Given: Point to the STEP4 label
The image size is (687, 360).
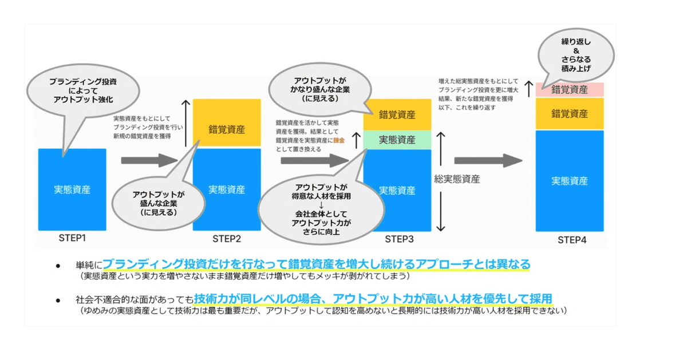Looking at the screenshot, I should [571, 240].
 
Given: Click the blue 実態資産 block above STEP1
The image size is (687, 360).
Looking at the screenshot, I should [72, 189].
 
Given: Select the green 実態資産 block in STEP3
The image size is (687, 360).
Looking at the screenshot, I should [397, 139].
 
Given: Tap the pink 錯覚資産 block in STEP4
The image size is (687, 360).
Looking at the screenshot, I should [569, 89].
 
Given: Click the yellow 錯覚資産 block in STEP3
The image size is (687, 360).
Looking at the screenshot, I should [397, 114].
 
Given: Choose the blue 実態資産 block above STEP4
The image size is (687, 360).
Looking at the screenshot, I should [569, 181].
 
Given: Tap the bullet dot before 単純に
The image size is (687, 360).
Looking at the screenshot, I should [58, 266].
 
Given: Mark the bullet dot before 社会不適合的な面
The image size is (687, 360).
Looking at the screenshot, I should [58, 300].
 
